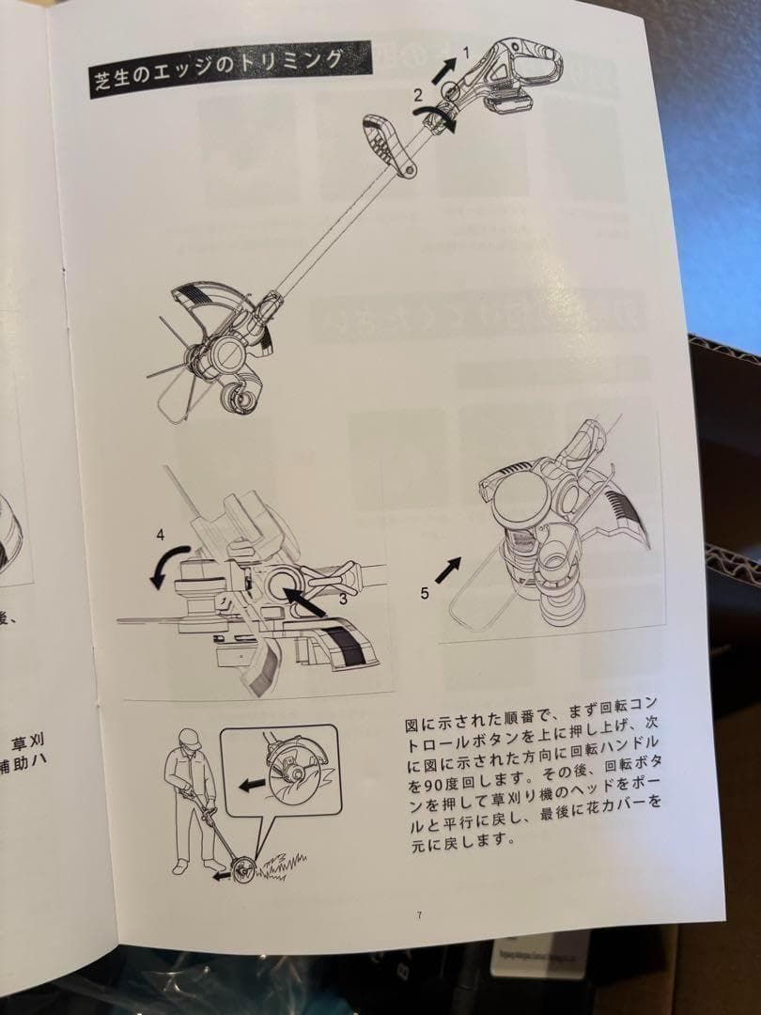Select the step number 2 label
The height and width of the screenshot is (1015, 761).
point(417,94)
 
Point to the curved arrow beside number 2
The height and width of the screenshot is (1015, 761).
point(441,119)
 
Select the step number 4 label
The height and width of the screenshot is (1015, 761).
point(160,537)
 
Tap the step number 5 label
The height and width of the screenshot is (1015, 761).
point(426,594)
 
